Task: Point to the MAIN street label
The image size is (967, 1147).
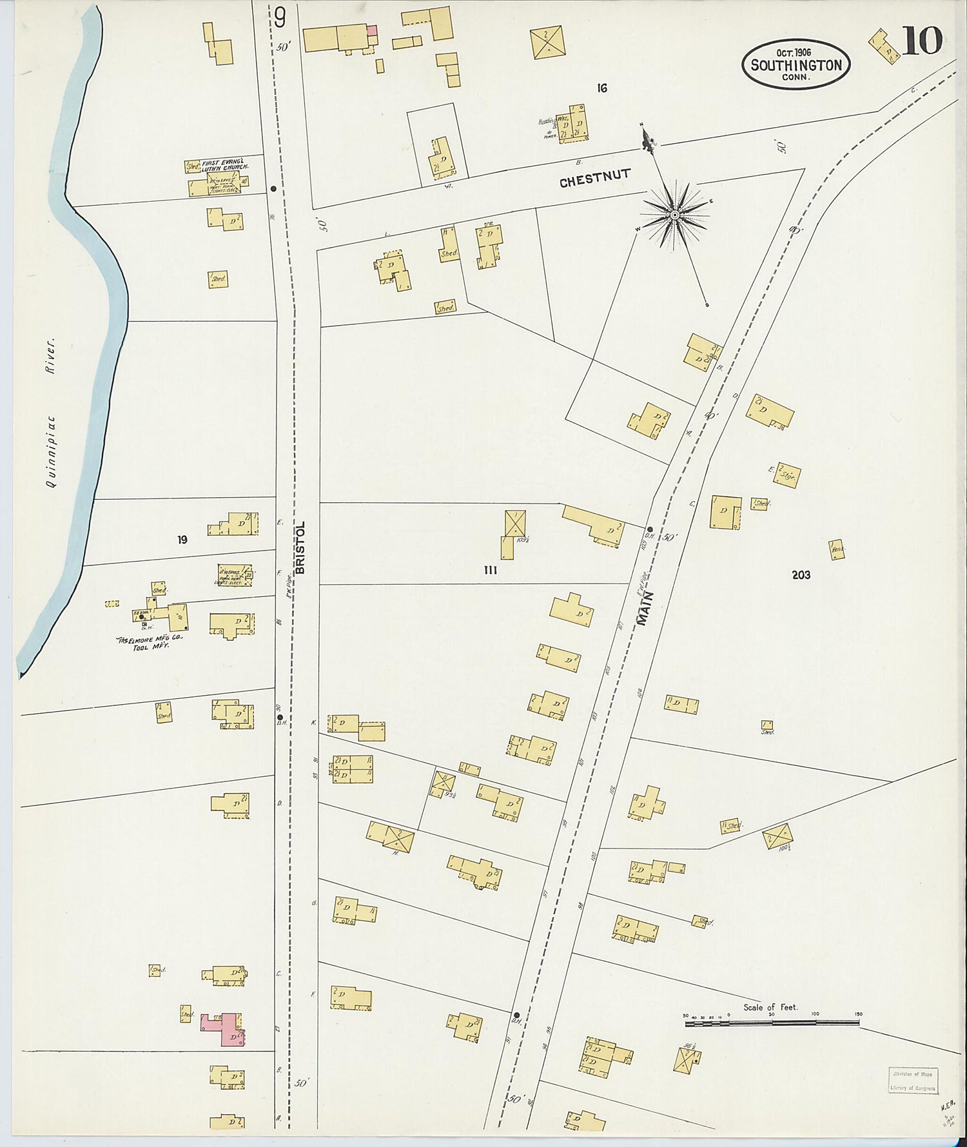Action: coord(646,608)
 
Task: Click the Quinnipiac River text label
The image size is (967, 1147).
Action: coord(54,413)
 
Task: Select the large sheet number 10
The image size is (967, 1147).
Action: coord(922,42)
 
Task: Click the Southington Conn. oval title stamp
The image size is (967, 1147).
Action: coord(796,64)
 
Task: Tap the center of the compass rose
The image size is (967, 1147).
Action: coord(674,214)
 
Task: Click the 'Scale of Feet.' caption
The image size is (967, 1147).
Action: coord(770,1007)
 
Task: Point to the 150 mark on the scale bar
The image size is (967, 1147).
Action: coord(857,1014)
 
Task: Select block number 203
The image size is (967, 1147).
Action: coord(801,574)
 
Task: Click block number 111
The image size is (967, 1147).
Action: coord(490,570)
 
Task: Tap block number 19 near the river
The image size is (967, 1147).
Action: coord(182,540)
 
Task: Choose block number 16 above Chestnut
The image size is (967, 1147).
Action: coord(601,88)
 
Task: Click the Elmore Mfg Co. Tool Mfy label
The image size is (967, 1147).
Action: coord(150,642)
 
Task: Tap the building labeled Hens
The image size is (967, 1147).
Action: coord(837,549)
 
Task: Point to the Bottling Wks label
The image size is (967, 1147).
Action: coord(548,122)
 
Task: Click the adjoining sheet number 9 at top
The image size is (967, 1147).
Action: coord(279,18)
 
